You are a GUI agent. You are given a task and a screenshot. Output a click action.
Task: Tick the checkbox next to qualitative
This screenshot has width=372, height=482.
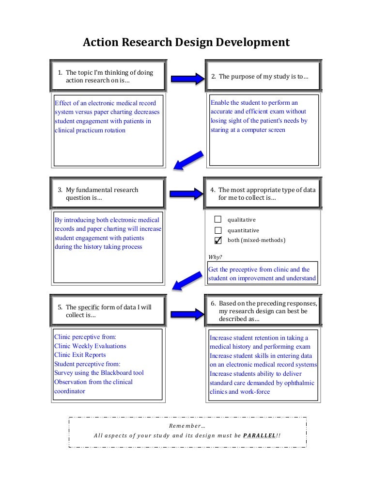(x=218, y=220)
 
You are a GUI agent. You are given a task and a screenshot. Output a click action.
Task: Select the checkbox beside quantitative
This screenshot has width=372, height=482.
(x=218, y=230)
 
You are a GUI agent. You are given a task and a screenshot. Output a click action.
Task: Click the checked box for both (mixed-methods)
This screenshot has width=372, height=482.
(x=218, y=240)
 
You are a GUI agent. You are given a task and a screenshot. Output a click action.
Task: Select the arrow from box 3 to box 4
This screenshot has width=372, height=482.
(x=186, y=193)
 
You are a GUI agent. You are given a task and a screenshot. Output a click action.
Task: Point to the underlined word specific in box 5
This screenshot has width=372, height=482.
(x=89, y=307)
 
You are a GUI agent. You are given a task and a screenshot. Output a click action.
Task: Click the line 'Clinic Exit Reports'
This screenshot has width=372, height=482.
(x=80, y=355)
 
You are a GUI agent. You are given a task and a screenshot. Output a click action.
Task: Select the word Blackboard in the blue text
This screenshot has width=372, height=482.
(x=116, y=373)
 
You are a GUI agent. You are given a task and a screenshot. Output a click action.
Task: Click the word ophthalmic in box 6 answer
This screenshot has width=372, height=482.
(x=296, y=383)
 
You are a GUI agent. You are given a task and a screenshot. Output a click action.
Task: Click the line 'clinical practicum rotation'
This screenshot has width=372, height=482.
(x=90, y=130)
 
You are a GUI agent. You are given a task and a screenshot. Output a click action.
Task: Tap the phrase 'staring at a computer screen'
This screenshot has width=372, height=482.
(x=248, y=130)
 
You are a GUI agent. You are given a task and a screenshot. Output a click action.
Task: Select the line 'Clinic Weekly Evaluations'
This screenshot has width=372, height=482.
(x=90, y=346)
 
